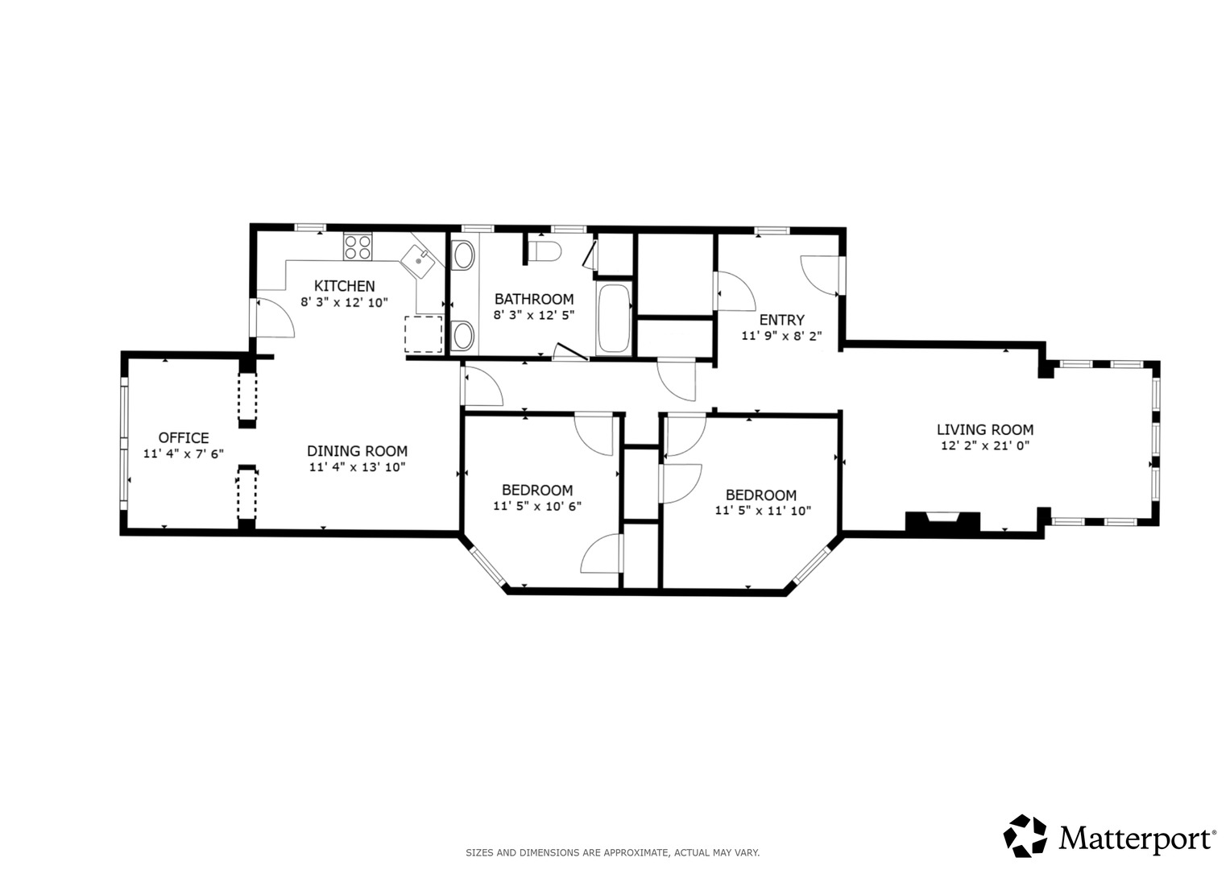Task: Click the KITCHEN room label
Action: (x=344, y=286)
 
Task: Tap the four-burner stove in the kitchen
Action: (x=358, y=246)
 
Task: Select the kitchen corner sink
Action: (x=418, y=261)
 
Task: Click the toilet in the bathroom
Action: (x=545, y=251)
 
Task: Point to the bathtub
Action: (x=615, y=318)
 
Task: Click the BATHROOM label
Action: (x=534, y=299)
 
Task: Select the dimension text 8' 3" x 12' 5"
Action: (x=534, y=315)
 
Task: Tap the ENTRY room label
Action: (x=781, y=320)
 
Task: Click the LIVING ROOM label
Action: (x=985, y=429)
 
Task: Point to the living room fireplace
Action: (x=942, y=521)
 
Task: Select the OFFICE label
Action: (x=184, y=437)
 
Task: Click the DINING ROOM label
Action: (x=357, y=451)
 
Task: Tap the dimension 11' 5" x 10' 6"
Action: (x=537, y=506)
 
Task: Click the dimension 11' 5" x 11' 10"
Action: (x=763, y=511)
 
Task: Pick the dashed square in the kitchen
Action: (x=424, y=334)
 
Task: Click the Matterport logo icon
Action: (x=1025, y=835)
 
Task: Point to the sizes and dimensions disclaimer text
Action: (x=613, y=853)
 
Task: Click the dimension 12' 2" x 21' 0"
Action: (x=985, y=445)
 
